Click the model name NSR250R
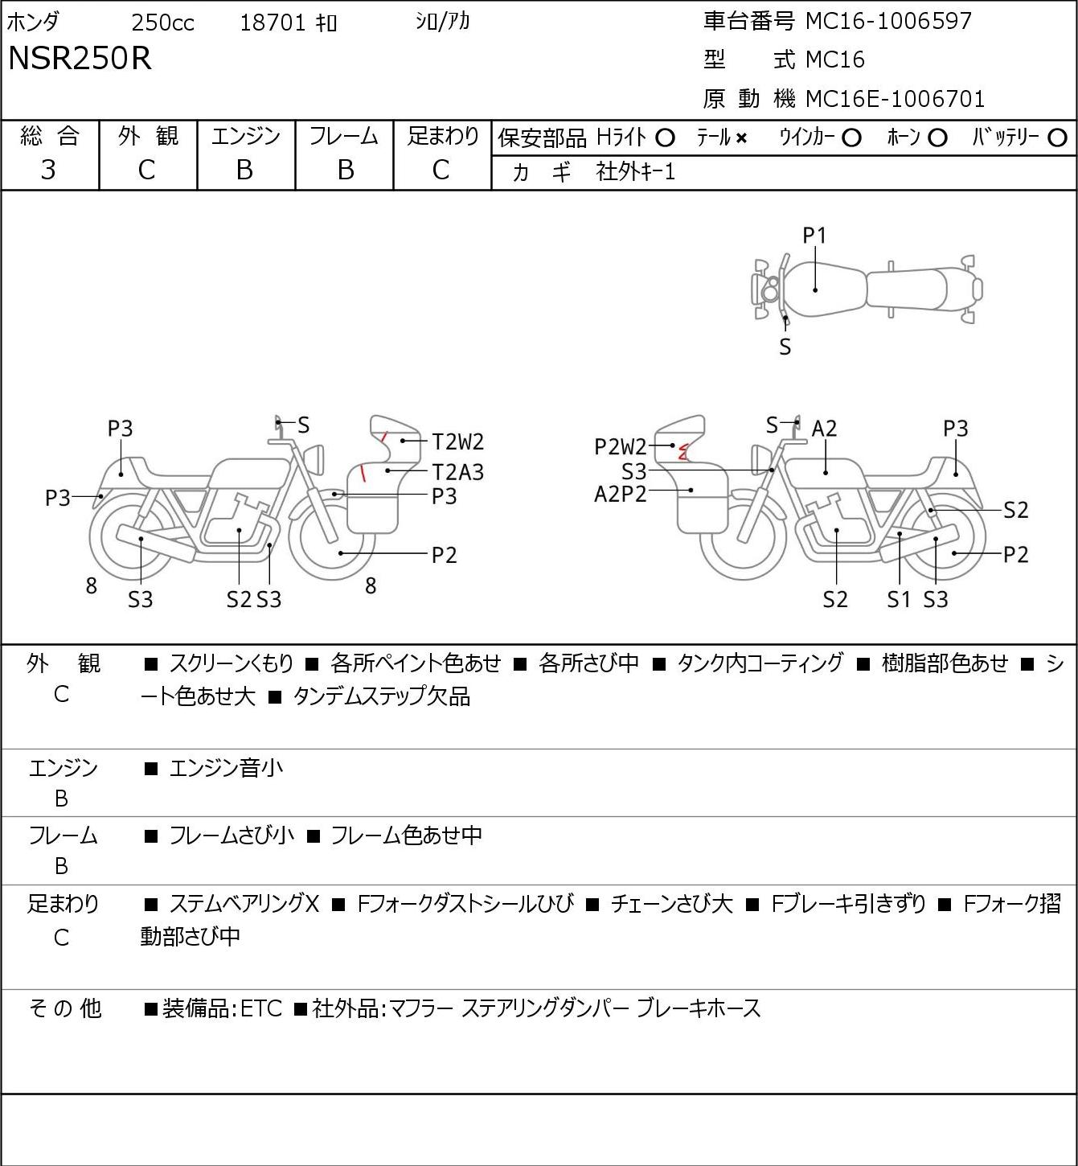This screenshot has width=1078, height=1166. [x=80, y=58]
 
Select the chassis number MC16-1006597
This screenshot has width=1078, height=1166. [x=888, y=21]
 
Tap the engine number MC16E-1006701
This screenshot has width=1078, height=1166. [x=895, y=99]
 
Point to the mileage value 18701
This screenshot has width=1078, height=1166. [x=273, y=23]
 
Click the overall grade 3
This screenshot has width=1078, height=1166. [x=48, y=170]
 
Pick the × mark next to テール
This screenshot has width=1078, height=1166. [x=741, y=138]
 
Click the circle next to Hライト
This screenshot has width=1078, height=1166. [x=665, y=138]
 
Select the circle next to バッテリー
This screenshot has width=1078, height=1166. [x=1057, y=138]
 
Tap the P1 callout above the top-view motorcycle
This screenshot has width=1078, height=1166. [x=814, y=236]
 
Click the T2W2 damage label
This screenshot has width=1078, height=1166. [x=458, y=441]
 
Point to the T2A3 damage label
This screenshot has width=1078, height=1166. [x=458, y=472]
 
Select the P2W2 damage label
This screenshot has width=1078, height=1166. [x=620, y=447]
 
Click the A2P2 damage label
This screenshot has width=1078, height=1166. [x=620, y=495]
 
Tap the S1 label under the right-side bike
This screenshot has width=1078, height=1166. [x=899, y=599]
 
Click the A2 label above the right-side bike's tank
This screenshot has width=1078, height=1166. [x=824, y=429]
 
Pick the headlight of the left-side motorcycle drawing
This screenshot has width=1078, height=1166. [x=315, y=459]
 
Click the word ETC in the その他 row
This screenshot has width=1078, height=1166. [x=261, y=1008]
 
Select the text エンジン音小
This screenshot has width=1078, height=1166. [x=226, y=768]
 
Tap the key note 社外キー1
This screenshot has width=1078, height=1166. [x=636, y=172]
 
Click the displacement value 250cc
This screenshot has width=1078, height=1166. [x=162, y=23]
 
